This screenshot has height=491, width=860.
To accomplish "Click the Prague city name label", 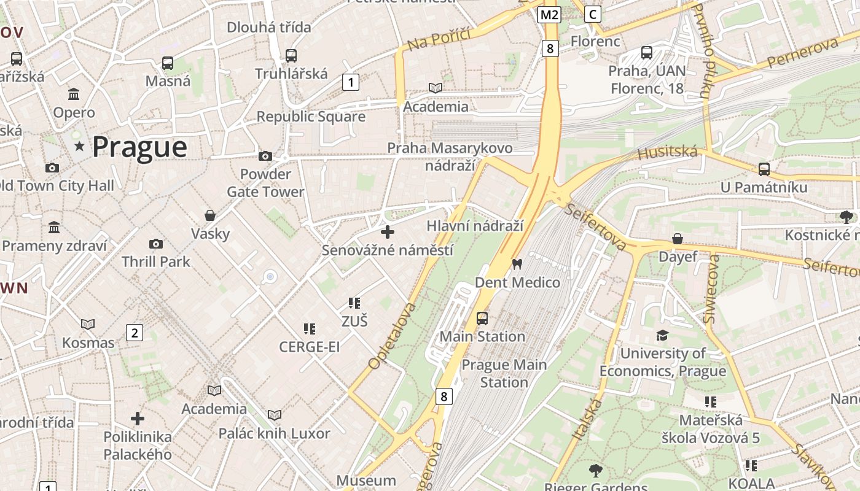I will point(139,147).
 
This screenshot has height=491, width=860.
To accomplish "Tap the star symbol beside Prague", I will point(79,146).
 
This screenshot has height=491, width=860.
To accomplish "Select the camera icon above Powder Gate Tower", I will point(265,156).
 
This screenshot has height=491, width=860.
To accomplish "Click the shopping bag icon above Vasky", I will point(210,215).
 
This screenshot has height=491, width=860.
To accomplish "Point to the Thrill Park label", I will point(155,261).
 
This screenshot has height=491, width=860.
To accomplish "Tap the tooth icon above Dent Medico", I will point(517,264).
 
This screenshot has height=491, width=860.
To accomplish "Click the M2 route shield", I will point(549,15).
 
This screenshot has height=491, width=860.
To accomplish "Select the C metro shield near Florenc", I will point(592,14).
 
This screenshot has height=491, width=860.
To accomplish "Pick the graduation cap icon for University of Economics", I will point(662,335).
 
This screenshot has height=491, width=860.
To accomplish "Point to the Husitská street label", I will point(668,152).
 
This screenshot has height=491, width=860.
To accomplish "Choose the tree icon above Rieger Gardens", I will point(595,471).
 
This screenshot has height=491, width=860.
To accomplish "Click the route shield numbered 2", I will point(134,333).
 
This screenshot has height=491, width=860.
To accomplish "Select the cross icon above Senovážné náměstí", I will point(388,232).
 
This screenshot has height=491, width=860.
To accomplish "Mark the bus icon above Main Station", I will point(482,318).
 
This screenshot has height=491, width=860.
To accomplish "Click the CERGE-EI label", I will point(309,347).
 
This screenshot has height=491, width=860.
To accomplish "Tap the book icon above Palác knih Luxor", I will point(275,415).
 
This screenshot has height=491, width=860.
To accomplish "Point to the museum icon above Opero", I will point(74,94).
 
